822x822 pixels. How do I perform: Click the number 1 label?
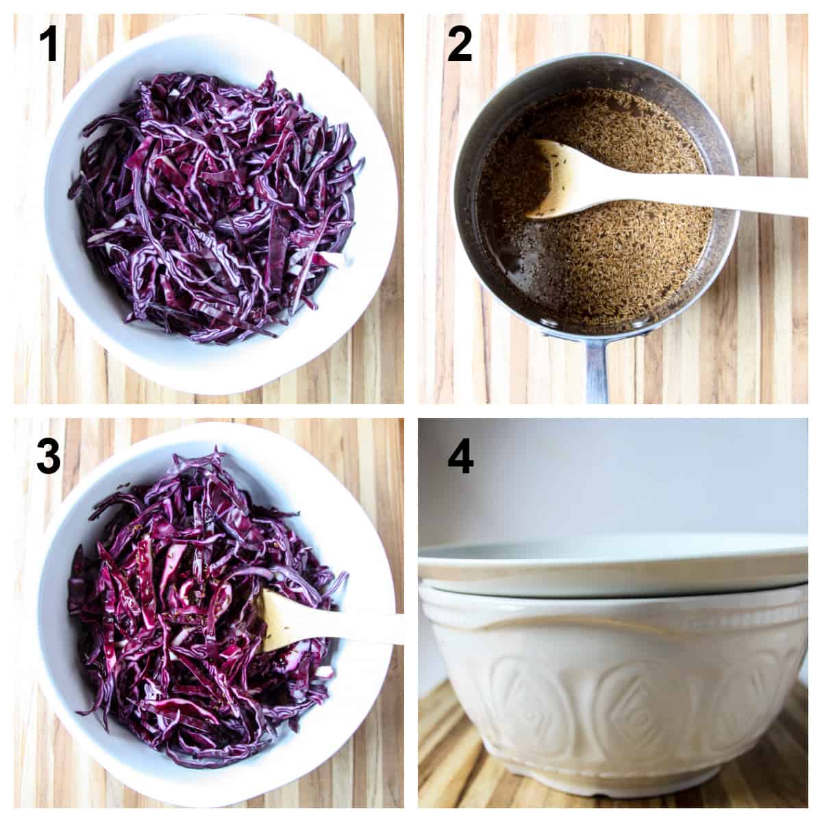(49, 45)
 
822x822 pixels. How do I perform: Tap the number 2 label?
(460, 45)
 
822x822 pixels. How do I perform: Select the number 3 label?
(49, 456)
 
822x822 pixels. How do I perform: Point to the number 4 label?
(460, 456)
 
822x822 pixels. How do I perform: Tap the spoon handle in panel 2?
(719, 192)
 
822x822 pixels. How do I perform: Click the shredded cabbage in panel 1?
(212, 206)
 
